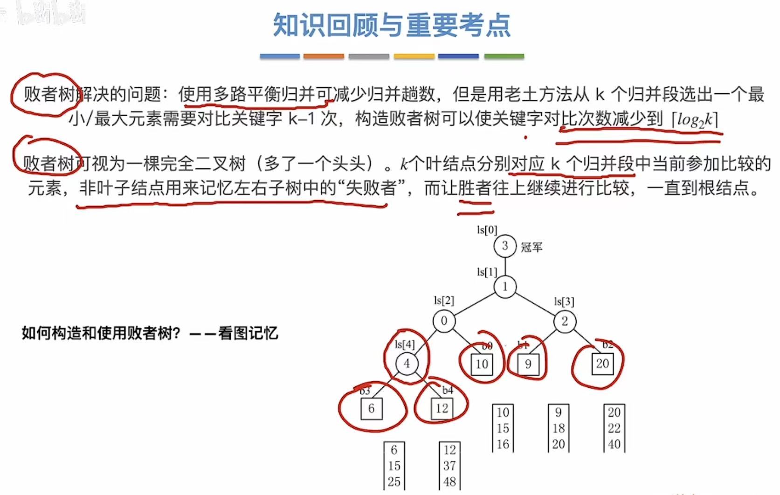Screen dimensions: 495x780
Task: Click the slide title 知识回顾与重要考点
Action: [x=392, y=25]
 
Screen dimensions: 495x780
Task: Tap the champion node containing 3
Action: [x=505, y=246]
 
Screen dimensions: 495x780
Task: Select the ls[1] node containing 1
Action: [x=505, y=286]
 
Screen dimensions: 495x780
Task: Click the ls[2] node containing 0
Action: [x=444, y=321]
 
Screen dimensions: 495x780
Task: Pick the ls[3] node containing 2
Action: [x=565, y=321]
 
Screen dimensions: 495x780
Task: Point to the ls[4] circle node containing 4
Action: [x=407, y=364]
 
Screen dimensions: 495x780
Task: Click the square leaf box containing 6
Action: [x=371, y=409]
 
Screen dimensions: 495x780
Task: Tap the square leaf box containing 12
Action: [x=442, y=409]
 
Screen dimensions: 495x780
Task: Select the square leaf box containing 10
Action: [x=482, y=364]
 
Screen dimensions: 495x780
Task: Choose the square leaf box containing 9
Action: [x=528, y=364]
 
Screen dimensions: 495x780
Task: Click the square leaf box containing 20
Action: [x=602, y=363]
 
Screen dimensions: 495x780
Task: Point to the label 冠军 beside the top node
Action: [x=532, y=247]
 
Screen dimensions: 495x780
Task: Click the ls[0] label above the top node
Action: [x=487, y=230]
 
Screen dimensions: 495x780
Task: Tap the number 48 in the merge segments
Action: [x=449, y=481]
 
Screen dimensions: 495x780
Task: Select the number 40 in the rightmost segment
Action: [x=614, y=444]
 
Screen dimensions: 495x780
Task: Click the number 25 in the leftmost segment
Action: [x=394, y=481]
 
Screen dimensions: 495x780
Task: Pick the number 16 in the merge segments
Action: [x=503, y=444]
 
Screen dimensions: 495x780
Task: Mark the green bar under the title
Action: [x=504, y=56]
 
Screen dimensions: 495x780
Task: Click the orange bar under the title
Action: [x=324, y=56]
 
